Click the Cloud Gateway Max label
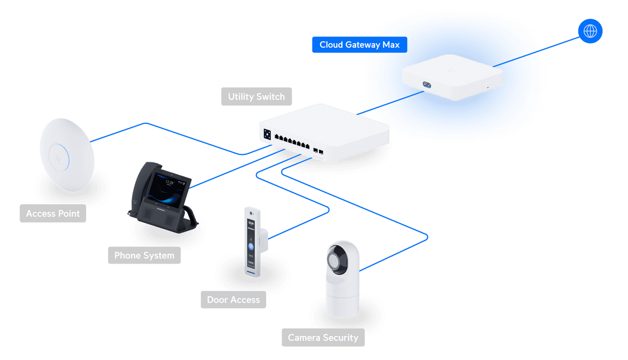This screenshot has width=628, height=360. coord(359,45)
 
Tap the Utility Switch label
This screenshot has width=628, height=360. coord(256,97)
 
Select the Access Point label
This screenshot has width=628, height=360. coord(53,213)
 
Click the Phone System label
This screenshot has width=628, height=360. coord(144,255)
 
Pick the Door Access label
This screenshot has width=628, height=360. coord(233,300)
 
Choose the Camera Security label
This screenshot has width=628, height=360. coord(323,337)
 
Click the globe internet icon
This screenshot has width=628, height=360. coord(590,31)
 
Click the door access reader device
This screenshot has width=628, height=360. coord(252,241)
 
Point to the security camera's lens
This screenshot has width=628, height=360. coord(336,260)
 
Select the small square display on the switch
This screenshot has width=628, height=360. coord(267,134)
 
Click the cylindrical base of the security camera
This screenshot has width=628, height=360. coord(342,300)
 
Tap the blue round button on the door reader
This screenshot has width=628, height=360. coord(251,246)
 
